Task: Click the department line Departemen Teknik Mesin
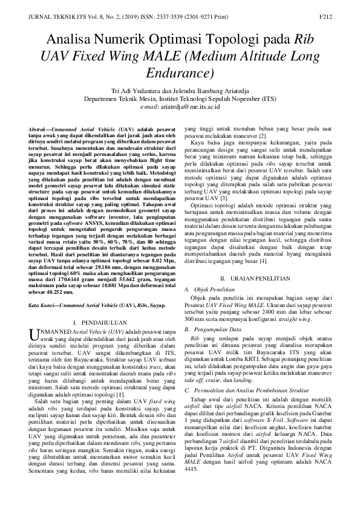pyautogui.click(x=179, y=97)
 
